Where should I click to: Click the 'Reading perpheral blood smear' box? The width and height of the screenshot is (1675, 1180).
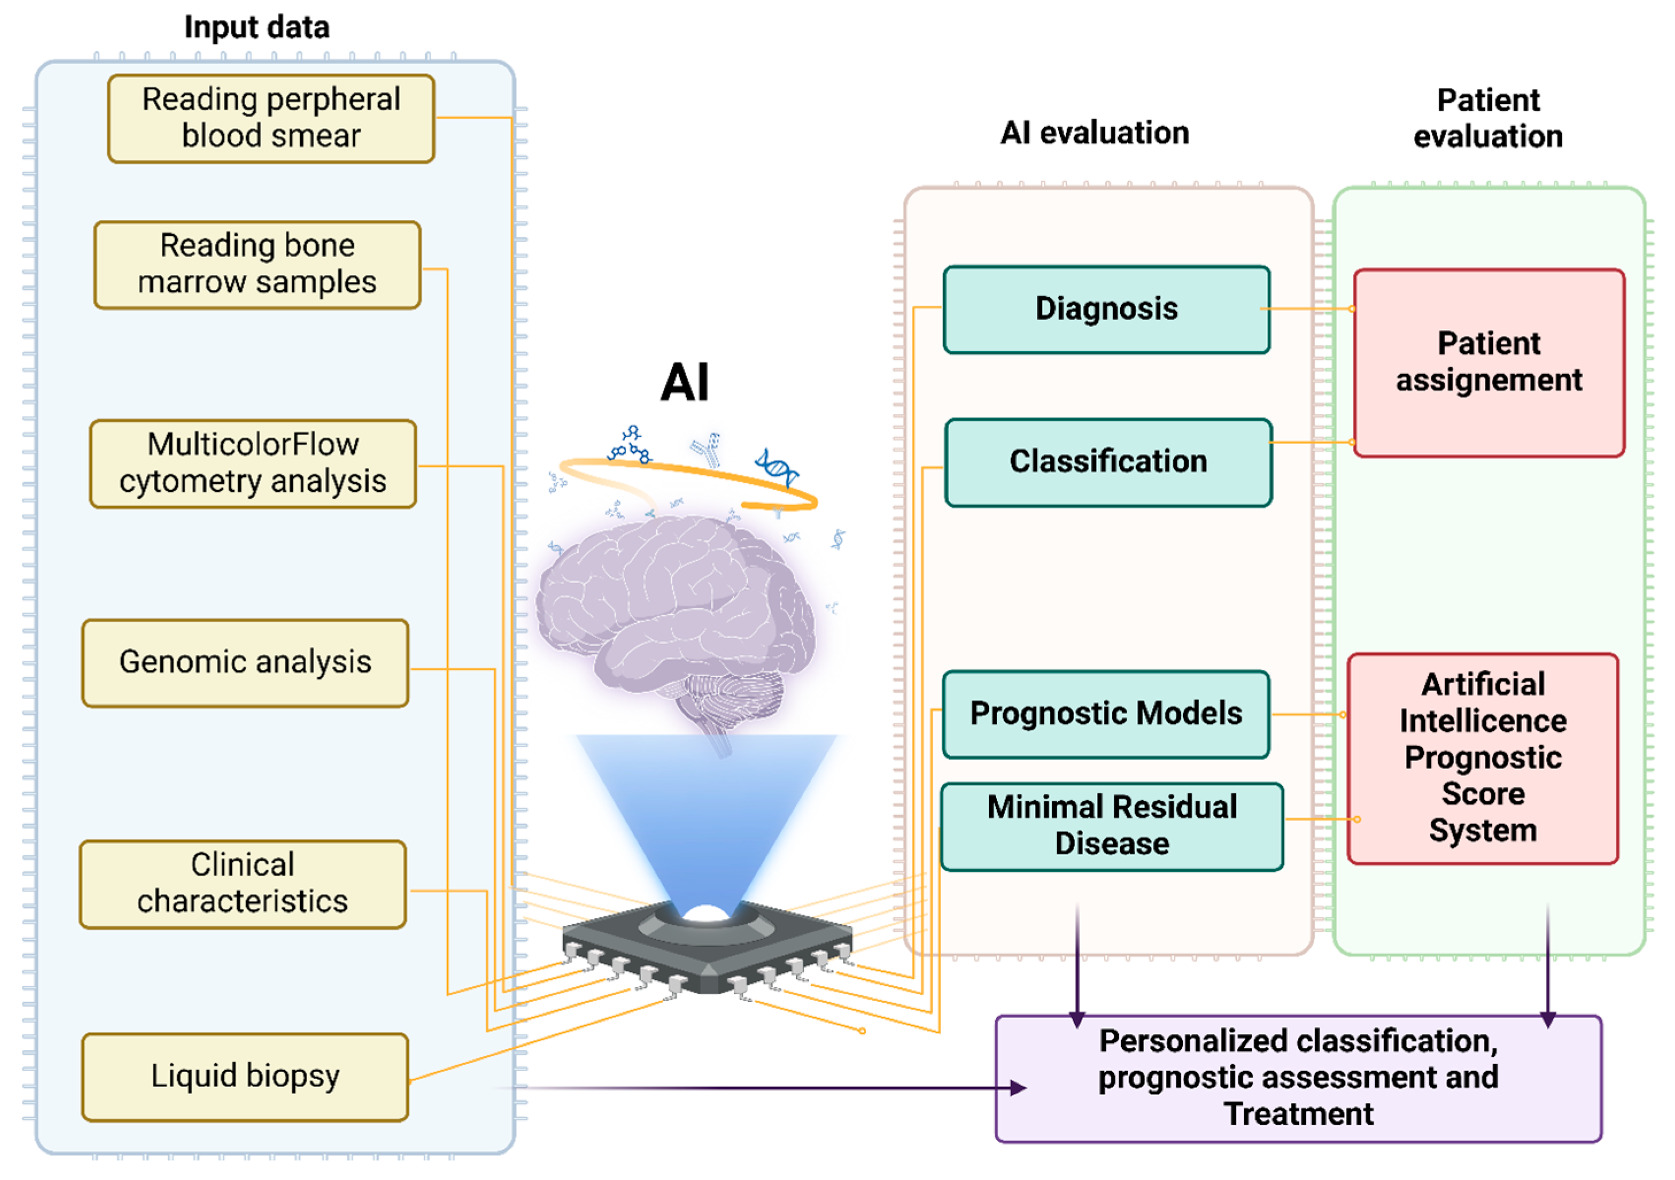[271, 118]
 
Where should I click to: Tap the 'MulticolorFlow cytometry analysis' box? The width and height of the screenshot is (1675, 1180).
[253, 463]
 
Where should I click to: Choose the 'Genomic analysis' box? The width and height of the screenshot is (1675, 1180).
[245, 663]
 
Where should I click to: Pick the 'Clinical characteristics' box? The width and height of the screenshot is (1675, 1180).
[242, 884]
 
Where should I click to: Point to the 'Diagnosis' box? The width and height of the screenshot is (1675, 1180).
[1106, 309]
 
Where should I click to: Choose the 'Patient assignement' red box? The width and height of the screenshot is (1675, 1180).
[1488, 363]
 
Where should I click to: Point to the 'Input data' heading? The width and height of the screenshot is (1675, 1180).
[257, 28]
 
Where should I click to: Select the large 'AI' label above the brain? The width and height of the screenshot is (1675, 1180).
[684, 382]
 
